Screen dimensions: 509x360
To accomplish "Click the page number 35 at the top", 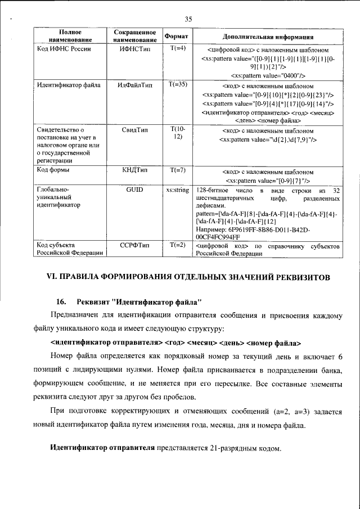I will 188,19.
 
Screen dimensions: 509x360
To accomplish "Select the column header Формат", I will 176,36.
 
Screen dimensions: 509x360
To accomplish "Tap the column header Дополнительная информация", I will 268,37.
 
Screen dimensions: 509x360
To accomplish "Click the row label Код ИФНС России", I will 64,49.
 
